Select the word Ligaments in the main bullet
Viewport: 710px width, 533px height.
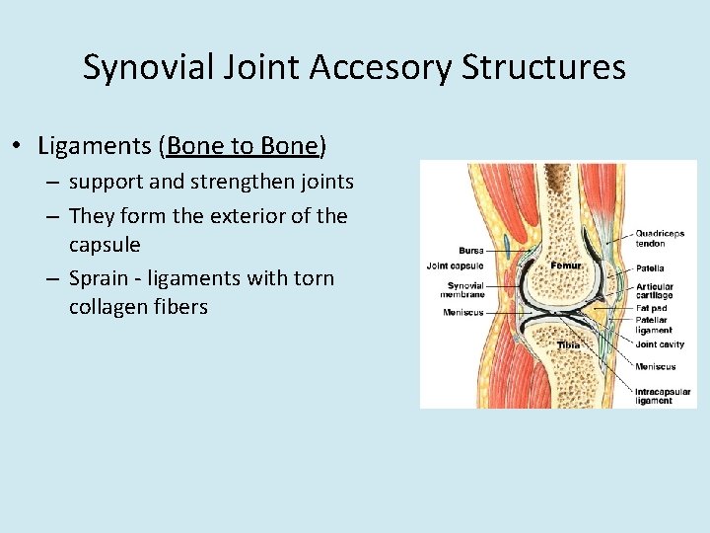pyautogui.click(x=94, y=146)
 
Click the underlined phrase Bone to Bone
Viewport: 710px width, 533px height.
pyautogui.click(x=244, y=146)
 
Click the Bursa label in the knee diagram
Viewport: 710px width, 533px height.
pyautogui.click(x=470, y=251)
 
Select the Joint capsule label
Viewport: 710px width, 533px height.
pyautogui.click(x=455, y=266)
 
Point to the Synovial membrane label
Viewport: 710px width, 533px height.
pyautogui.click(x=464, y=290)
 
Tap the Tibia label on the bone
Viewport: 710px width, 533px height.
pyautogui.click(x=568, y=345)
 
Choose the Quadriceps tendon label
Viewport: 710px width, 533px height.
pyautogui.click(x=660, y=239)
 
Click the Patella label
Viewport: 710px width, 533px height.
pyautogui.click(x=650, y=267)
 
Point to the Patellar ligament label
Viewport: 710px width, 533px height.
pyautogui.click(x=654, y=326)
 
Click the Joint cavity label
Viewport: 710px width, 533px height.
pyautogui.click(x=660, y=344)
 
